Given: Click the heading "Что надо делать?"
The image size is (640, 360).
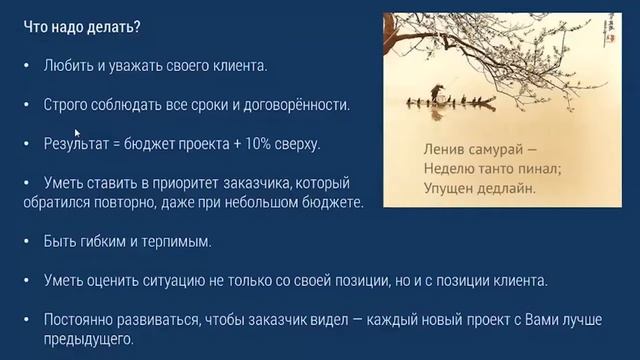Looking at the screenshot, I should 69,27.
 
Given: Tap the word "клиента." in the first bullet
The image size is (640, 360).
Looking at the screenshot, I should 240,66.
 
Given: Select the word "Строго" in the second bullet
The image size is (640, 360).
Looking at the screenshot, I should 66,105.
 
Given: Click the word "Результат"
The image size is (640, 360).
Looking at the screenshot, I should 75,145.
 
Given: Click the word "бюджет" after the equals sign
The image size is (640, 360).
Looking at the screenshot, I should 155,145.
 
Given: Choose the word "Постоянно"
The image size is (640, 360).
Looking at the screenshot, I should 79,320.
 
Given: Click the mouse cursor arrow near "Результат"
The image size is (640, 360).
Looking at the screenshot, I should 77,132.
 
